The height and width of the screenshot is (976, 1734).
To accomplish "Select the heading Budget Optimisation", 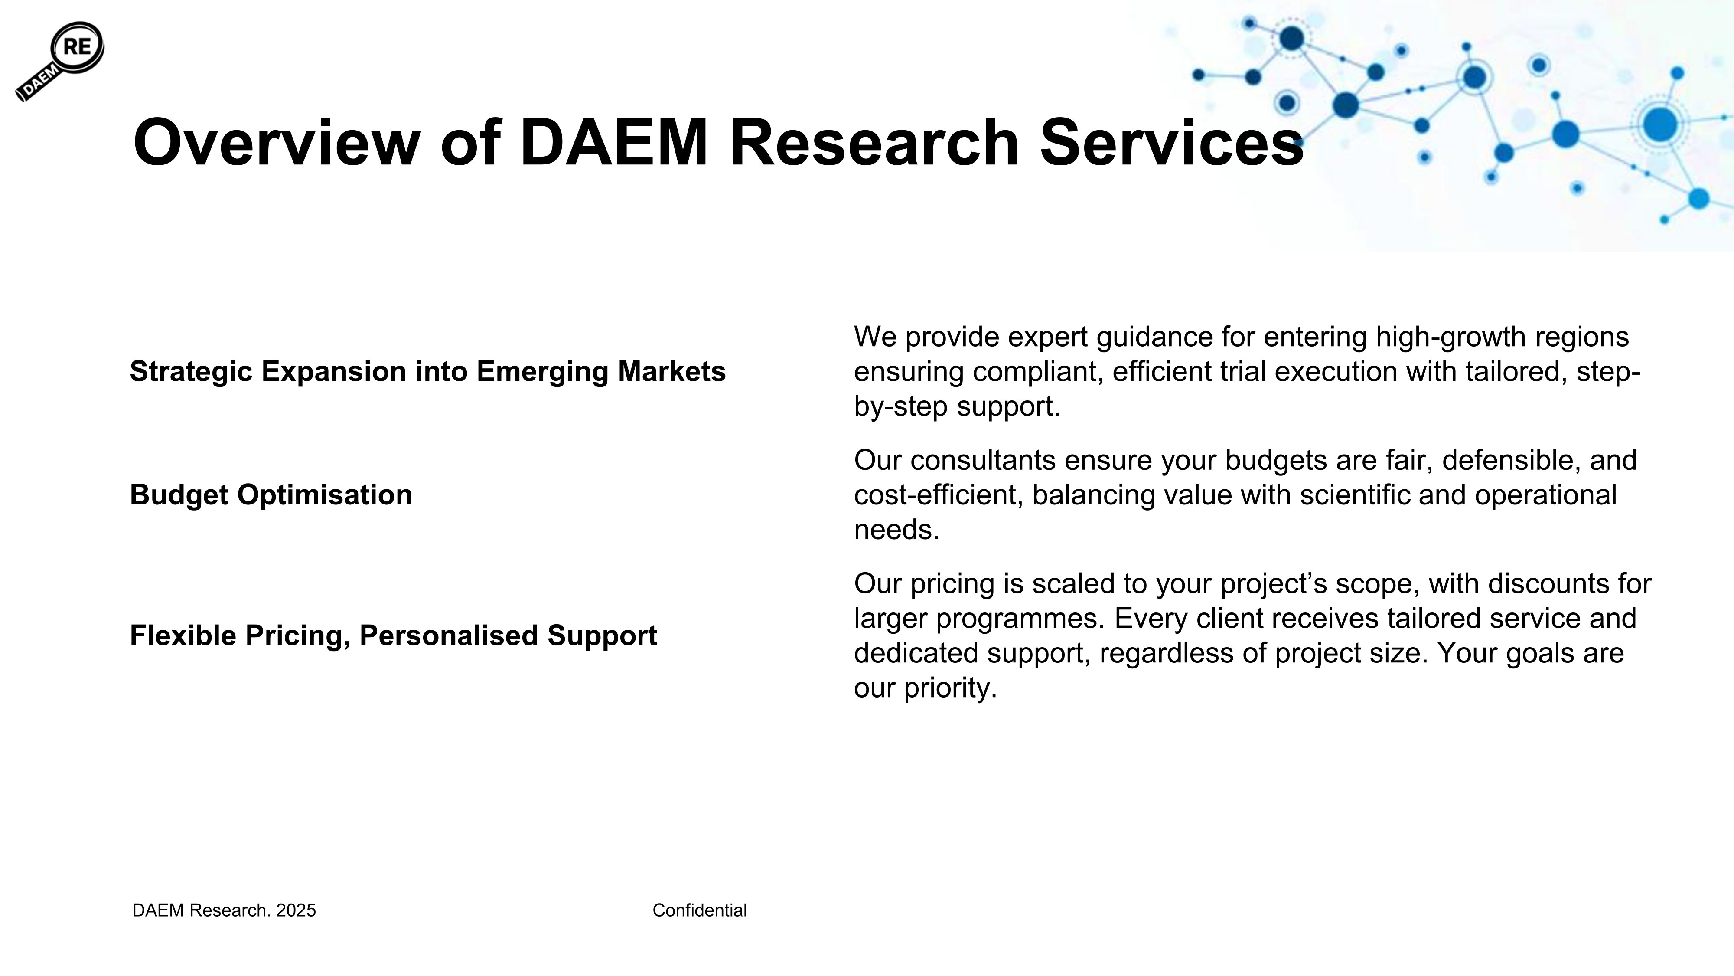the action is pyautogui.click(x=271, y=495).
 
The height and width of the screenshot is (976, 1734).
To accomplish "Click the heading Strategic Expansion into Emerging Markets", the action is pyautogui.click(x=427, y=372).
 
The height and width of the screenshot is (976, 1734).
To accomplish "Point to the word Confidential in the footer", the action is pyautogui.click(x=699, y=910).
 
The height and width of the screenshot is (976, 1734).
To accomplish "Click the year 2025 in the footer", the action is pyautogui.click(x=296, y=910).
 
